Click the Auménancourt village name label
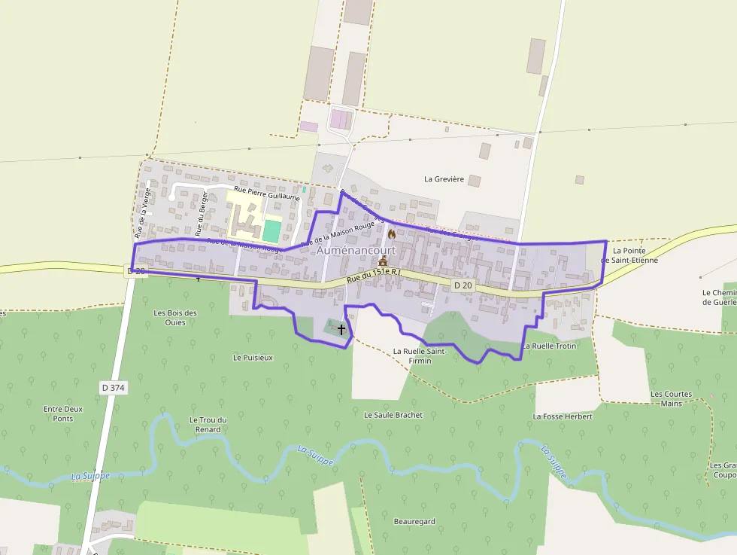[356, 250]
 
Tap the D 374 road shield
[113, 388]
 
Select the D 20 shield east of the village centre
[463, 285]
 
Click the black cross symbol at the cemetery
[341, 330]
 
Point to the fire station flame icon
[392, 235]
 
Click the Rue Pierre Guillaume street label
[267, 193]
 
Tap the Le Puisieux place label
[253, 358]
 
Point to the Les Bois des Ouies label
[175, 318]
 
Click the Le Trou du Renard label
[205, 425]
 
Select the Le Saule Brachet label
[393, 415]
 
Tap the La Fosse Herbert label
[563, 416]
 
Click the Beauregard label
[414, 521]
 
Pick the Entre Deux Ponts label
[63, 413]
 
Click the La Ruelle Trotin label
[550, 346]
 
